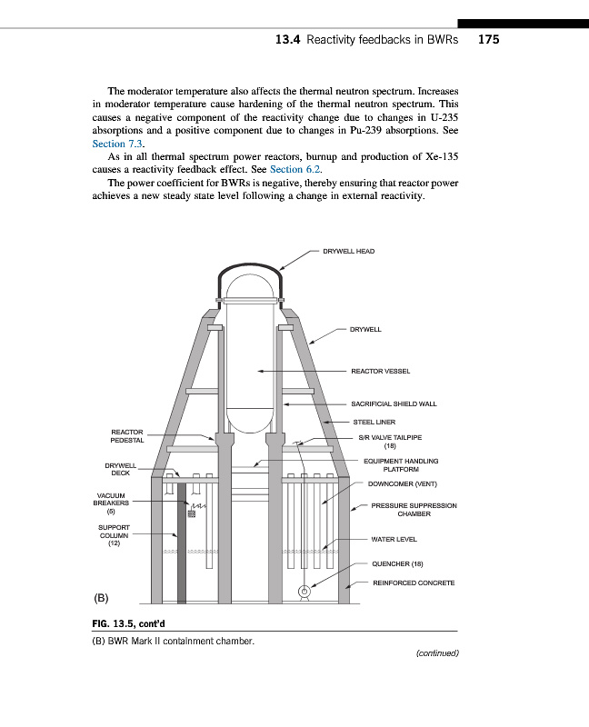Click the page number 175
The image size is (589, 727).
click(488, 39)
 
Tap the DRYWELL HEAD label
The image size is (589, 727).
click(348, 251)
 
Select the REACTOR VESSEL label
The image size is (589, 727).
click(380, 371)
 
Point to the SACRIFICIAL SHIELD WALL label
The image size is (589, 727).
click(394, 403)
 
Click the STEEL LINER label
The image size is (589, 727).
click(374, 421)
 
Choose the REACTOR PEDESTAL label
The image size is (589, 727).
click(126, 436)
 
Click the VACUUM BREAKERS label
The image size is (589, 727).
click(113, 502)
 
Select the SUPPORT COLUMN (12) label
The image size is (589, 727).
click(115, 535)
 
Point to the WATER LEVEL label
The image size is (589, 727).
click(394, 539)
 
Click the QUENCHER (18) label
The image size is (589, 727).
click(398, 563)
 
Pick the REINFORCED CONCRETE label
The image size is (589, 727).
click(414, 583)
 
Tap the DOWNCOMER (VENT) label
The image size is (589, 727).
click(403, 483)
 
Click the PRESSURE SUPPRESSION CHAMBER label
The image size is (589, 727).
click(414, 509)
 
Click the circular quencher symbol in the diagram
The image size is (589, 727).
click(304, 593)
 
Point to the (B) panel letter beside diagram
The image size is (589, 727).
click(101, 598)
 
